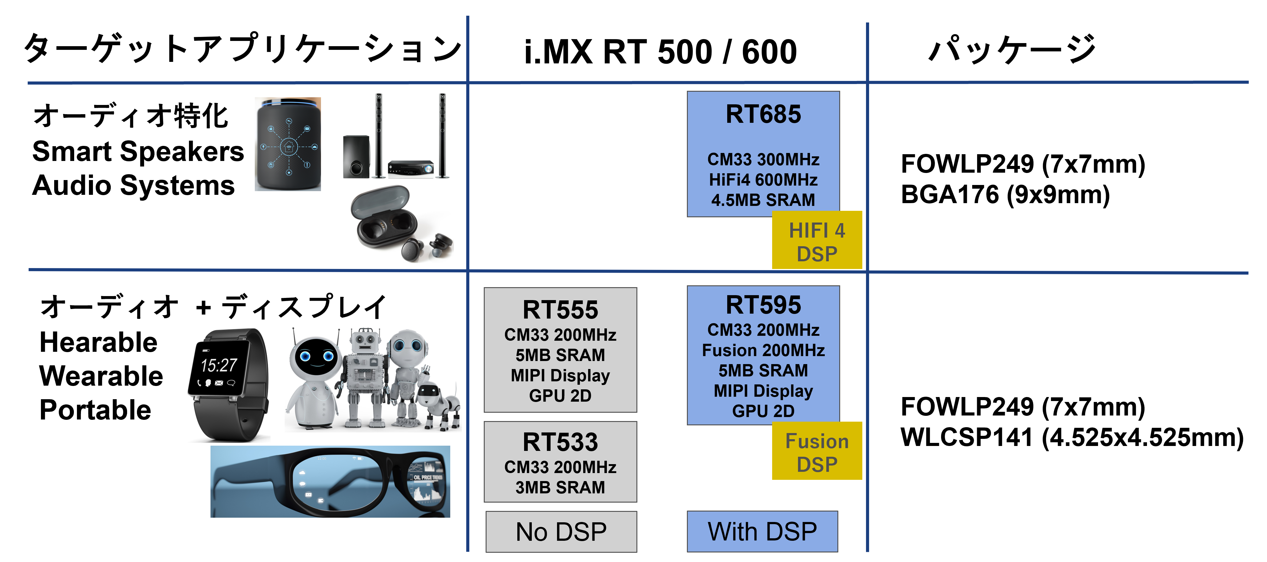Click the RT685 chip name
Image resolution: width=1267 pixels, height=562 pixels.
point(763,114)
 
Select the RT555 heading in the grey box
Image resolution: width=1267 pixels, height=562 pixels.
point(560,310)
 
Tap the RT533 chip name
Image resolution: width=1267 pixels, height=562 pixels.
point(560,442)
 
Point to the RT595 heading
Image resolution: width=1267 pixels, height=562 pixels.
point(763,305)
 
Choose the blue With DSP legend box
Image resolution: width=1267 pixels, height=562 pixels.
point(762,532)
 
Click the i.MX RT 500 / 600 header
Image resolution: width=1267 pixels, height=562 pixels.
point(660,52)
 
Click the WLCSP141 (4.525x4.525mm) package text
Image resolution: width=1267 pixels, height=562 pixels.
point(1072,437)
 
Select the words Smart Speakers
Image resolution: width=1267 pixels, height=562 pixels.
point(138,151)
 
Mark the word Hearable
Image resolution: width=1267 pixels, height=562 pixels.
point(98,342)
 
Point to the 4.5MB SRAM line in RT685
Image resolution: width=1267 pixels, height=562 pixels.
point(763,200)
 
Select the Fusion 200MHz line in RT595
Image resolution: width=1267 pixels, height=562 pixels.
point(763,350)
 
